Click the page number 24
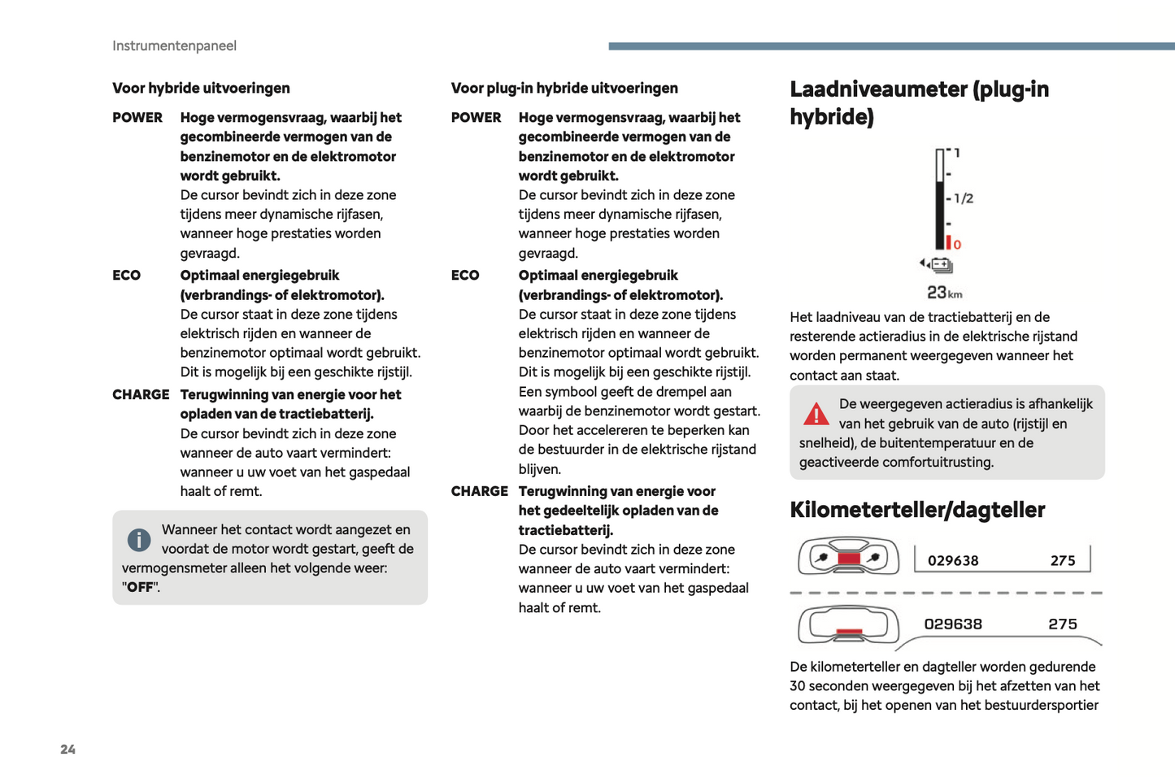(67, 749)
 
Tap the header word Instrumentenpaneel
(174, 46)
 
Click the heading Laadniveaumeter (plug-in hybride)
(919, 102)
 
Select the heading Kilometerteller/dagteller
(916, 510)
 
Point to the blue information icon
(139, 539)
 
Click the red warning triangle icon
(816, 414)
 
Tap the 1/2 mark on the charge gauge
(964, 198)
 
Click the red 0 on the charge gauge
(957, 245)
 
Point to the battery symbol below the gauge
(941, 265)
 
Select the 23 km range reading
(944, 293)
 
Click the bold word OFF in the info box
(140, 587)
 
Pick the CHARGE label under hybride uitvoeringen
(141, 394)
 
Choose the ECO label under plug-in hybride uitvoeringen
(465, 275)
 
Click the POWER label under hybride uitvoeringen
(137, 117)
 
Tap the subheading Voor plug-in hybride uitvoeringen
(564, 88)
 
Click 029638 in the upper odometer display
(953, 560)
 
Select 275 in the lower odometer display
(1063, 624)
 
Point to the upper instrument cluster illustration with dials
(848, 557)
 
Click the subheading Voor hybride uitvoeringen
(201, 88)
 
